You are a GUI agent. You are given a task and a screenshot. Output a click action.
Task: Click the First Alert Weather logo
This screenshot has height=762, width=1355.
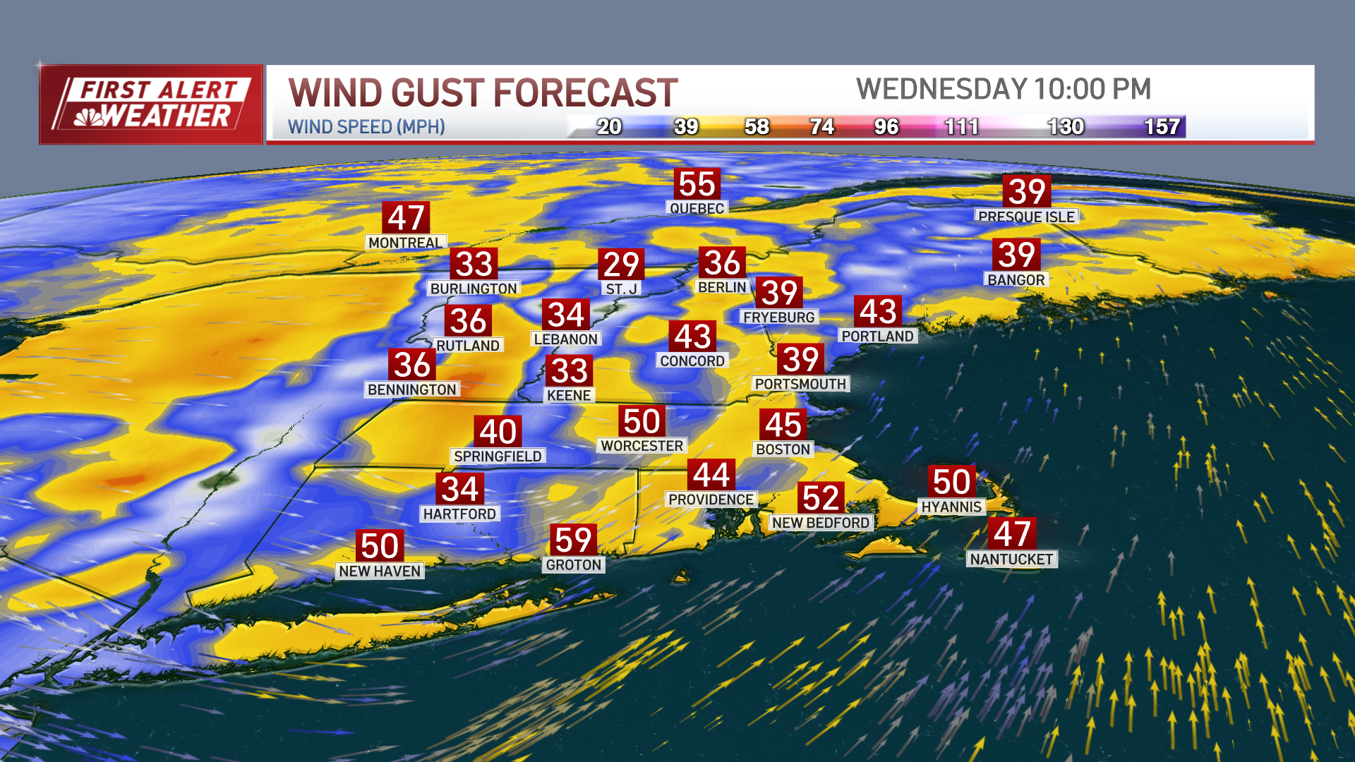point(151,104)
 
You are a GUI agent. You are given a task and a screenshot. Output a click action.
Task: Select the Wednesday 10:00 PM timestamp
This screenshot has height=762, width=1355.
point(1003,90)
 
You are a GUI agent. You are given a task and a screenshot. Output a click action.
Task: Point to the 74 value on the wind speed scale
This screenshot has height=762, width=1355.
point(822,127)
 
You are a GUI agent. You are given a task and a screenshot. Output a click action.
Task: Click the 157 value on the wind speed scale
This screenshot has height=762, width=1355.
point(1161,127)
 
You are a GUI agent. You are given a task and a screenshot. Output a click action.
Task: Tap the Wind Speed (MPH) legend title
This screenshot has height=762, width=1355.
point(366,127)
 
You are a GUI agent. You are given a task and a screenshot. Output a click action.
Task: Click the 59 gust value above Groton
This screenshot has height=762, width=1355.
point(573,540)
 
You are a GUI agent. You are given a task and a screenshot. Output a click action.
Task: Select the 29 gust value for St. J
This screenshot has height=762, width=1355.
point(621,265)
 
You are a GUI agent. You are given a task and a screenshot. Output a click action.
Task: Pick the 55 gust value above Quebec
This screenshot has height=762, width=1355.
point(697,184)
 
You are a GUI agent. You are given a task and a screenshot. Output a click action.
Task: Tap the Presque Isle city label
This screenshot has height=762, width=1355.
point(1026,217)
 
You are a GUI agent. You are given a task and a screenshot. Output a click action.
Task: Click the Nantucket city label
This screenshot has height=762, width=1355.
point(1011,560)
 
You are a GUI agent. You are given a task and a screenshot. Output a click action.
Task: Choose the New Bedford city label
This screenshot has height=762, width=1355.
point(820,523)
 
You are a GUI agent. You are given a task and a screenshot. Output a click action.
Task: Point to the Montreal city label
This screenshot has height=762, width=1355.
point(405,243)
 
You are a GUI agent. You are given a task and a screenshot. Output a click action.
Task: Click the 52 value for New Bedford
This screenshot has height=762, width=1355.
point(820,498)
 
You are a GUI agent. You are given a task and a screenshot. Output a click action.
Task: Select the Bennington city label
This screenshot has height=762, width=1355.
point(411,389)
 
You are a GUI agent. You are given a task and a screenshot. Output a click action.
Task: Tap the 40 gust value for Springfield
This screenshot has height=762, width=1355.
point(498,431)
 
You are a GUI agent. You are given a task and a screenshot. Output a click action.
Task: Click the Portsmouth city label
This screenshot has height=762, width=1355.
point(800,384)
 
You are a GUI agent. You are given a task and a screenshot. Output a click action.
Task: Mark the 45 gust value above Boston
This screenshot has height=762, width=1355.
point(783,425)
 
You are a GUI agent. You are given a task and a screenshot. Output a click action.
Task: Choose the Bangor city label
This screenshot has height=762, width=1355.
point(1016,280)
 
